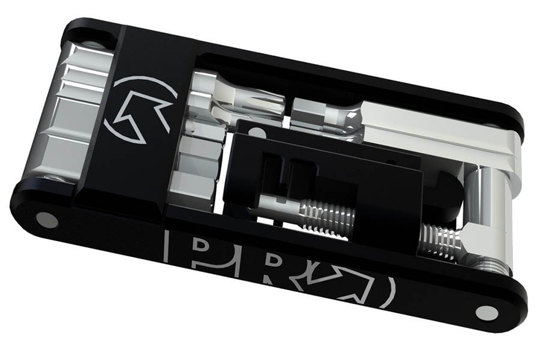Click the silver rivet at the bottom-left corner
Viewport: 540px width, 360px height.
pos(47,220)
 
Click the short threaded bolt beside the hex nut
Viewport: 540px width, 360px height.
pos(442,240)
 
